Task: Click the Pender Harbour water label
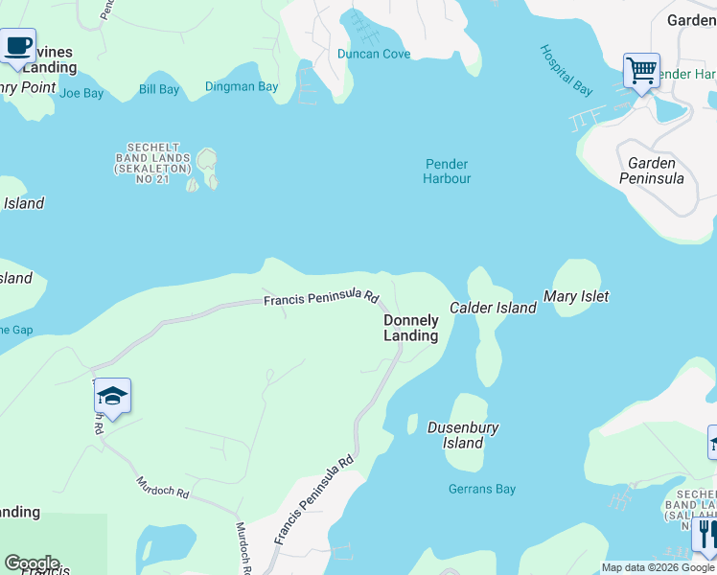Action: (x=447, y=171)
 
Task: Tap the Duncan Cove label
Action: (x=374, y=54)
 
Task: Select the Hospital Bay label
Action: (x=566, y=70)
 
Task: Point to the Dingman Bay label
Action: (x=242, y=87)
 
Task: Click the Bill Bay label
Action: (x=159, y=90)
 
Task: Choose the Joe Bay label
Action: (x=81, y=93)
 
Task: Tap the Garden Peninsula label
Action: (x=651, y=171)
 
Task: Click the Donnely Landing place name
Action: (x=411, y=328)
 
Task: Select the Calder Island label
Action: (x=494, y=308)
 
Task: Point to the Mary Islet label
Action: (x=576, y=297)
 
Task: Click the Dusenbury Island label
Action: (x=463, y=435)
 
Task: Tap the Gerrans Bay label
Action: (x=482, y=489)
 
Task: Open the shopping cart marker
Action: (x=641, y=70)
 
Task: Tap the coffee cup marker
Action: (x=17, y=46)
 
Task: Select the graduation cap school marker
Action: (x=112, y=397)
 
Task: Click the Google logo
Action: (x=32, y=563)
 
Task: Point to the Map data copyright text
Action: (x=658, y=567)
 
